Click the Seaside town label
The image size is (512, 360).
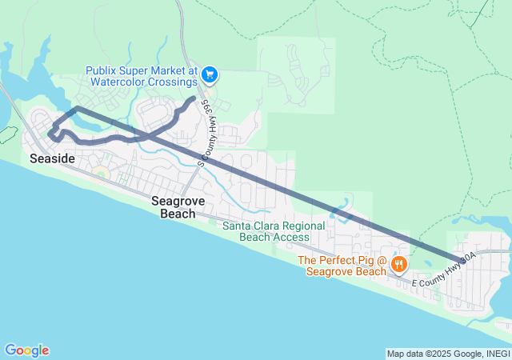pyautogui.click(x=52, y=159)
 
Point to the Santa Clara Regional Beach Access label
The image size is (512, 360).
pyautogui.click(x=266, y=231)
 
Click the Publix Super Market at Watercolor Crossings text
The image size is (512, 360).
pyautogui.click(x=141, y=76)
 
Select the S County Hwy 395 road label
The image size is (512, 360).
pyautogui.click(x=203, y=132)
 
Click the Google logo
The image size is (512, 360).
pyautogui.click(x=26, y=350)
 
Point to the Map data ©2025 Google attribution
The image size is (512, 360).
pyautogui.click(x=432, y=354)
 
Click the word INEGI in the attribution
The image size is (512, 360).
pyautogui.click(x=495, y=354)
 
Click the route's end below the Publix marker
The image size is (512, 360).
pyautogui.click(x=194, y=98)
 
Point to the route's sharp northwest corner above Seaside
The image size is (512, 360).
pyautogui.click(x=77, y=107)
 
